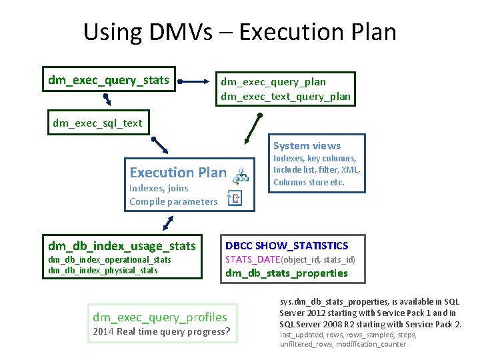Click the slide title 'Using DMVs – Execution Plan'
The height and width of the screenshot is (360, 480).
pos(240,32)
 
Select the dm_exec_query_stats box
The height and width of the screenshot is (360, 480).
pos(109,81)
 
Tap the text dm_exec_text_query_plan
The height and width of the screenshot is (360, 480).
pos(285,97)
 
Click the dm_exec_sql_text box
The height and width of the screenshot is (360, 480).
pos(97,123)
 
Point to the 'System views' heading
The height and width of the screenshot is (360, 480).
pos(307,145)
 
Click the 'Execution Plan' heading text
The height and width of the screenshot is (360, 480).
pos(178,173)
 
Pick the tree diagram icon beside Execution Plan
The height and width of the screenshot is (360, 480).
pos(240,175)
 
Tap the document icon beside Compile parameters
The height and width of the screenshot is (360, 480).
pos(234,197)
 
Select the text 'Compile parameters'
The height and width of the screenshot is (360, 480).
pos(173,201)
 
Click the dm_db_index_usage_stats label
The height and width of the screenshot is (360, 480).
pos(121,246)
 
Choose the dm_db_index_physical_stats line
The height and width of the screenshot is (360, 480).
pos(103,270)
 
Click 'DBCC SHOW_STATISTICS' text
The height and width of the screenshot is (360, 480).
pos(287,246)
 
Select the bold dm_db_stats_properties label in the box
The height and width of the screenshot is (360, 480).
pos(287,273)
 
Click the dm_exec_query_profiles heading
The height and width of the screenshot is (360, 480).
pos(160,317)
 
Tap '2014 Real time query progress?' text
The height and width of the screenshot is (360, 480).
pos(162,331)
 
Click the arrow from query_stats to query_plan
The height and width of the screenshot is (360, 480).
pos(195,82)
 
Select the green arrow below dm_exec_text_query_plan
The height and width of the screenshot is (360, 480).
pos(253,128)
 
